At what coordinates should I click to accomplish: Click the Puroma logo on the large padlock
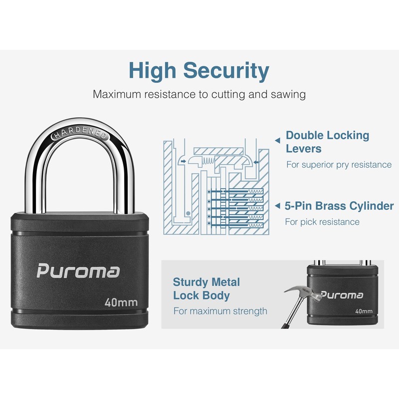(x=78, y=271)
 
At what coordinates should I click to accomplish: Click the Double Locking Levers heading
(x=327, y=142)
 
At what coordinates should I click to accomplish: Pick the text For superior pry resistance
(x=339, y=165)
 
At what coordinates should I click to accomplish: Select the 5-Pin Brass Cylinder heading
(x=339, y=205)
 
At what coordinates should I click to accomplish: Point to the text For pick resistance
(x=322, y=221)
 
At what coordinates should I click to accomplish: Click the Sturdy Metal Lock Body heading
(x=206, y=289)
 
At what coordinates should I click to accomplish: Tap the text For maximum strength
(x=220, y=311)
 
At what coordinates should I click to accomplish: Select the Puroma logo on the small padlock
(x=342, y=294)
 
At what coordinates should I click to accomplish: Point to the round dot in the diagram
(x=187, y=213)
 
